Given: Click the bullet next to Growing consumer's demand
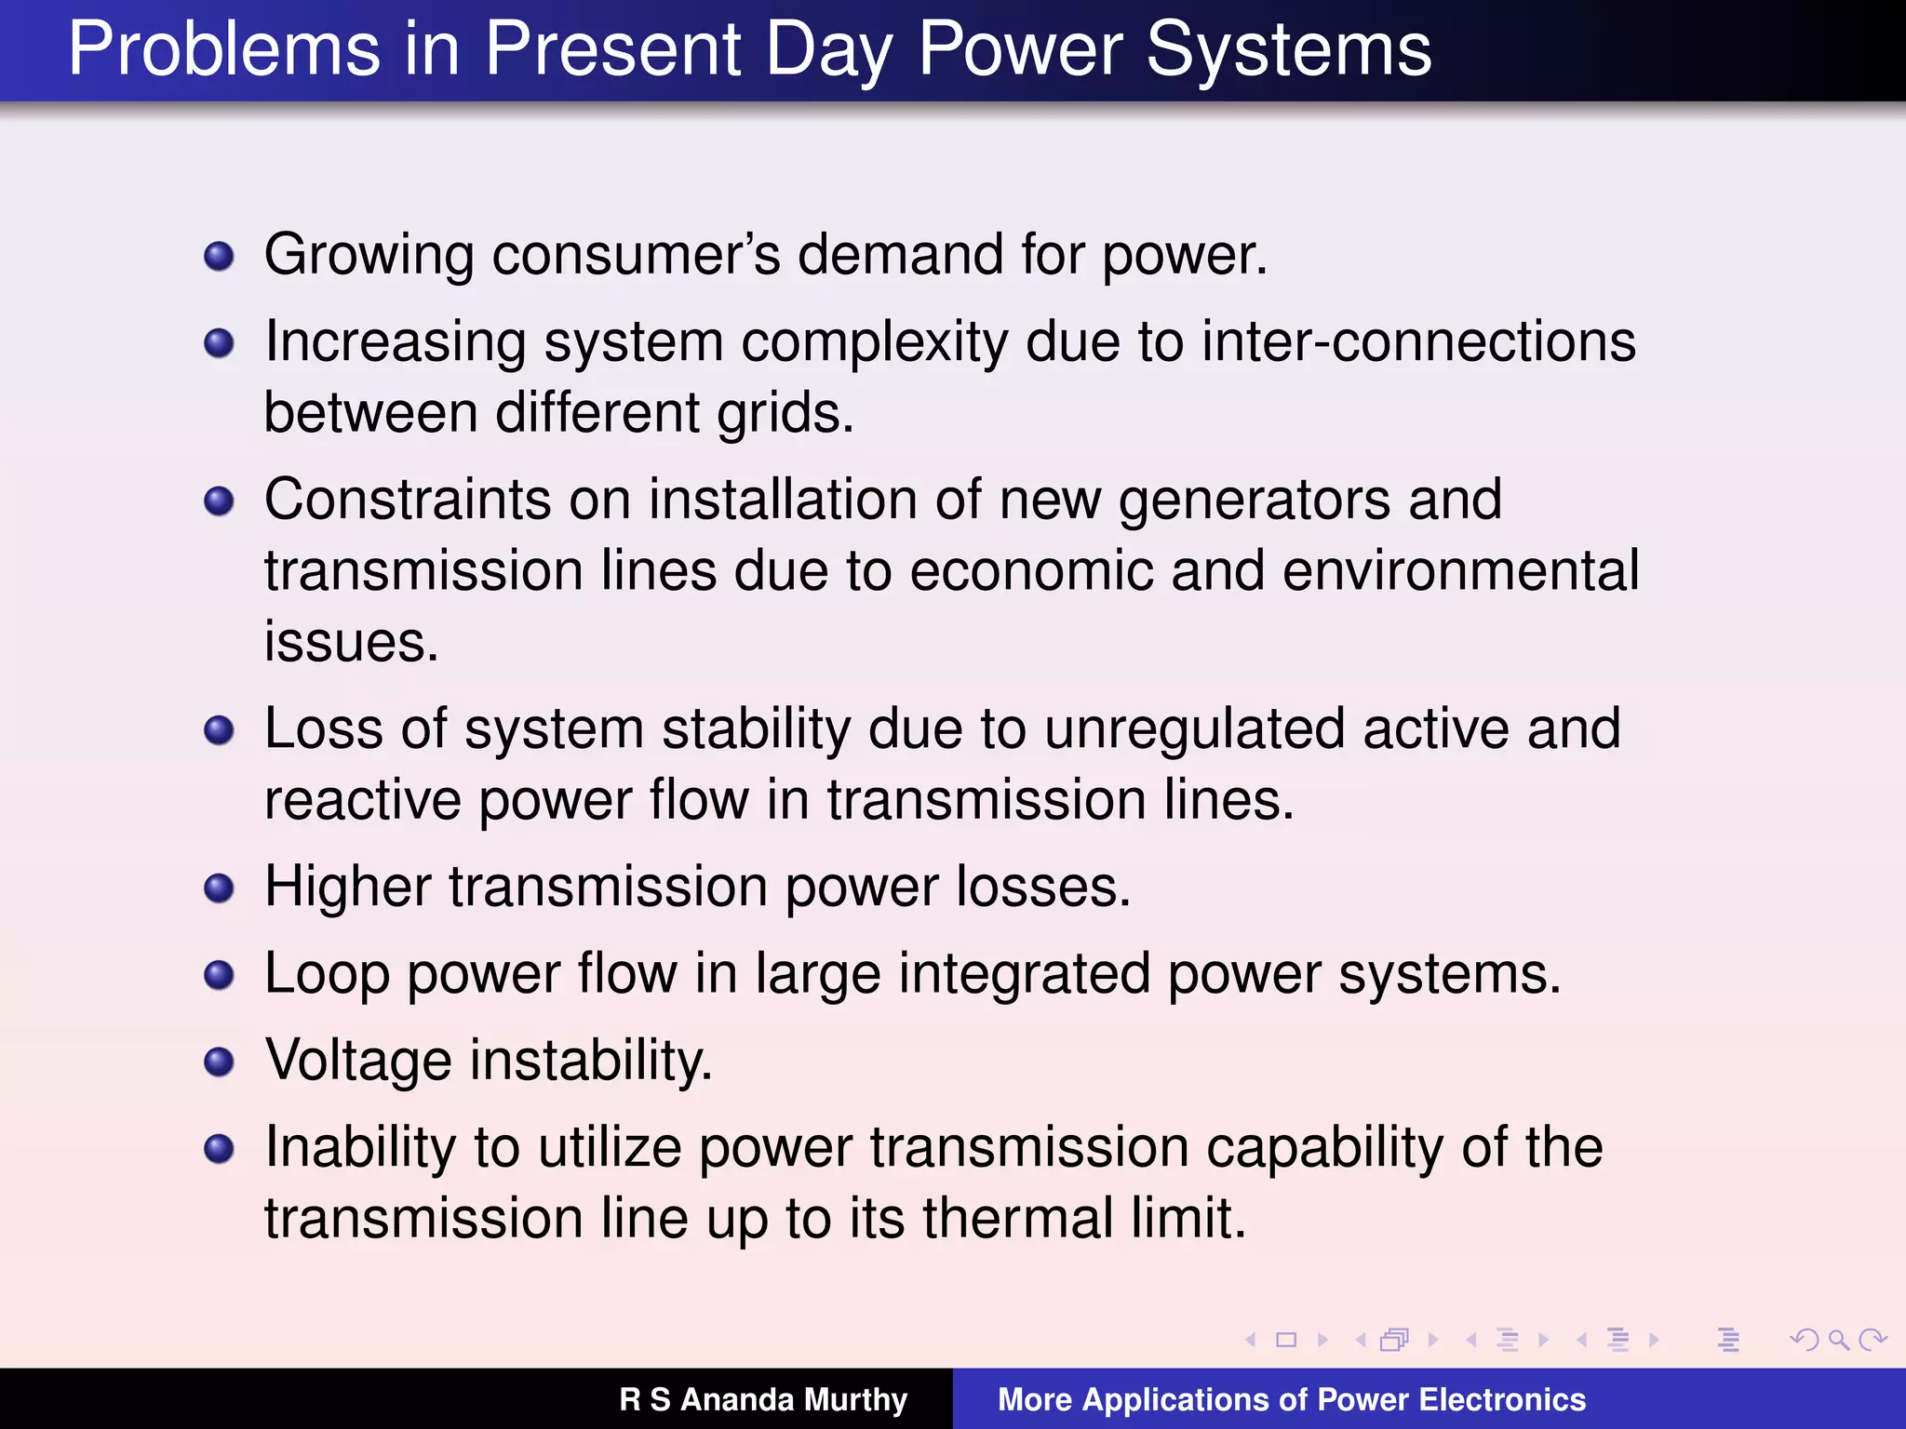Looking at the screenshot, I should [219, 256].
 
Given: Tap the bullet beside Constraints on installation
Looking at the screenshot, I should [219, 501].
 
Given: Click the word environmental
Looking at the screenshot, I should [1460, 571].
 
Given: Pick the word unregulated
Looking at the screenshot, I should [1194, 728].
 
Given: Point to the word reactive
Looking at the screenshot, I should [363, 800].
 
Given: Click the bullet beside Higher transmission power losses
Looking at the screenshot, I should [219, 888].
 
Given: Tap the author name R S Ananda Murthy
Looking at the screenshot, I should [763, 1399].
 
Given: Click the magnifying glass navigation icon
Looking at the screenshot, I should [1838, 1340].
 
